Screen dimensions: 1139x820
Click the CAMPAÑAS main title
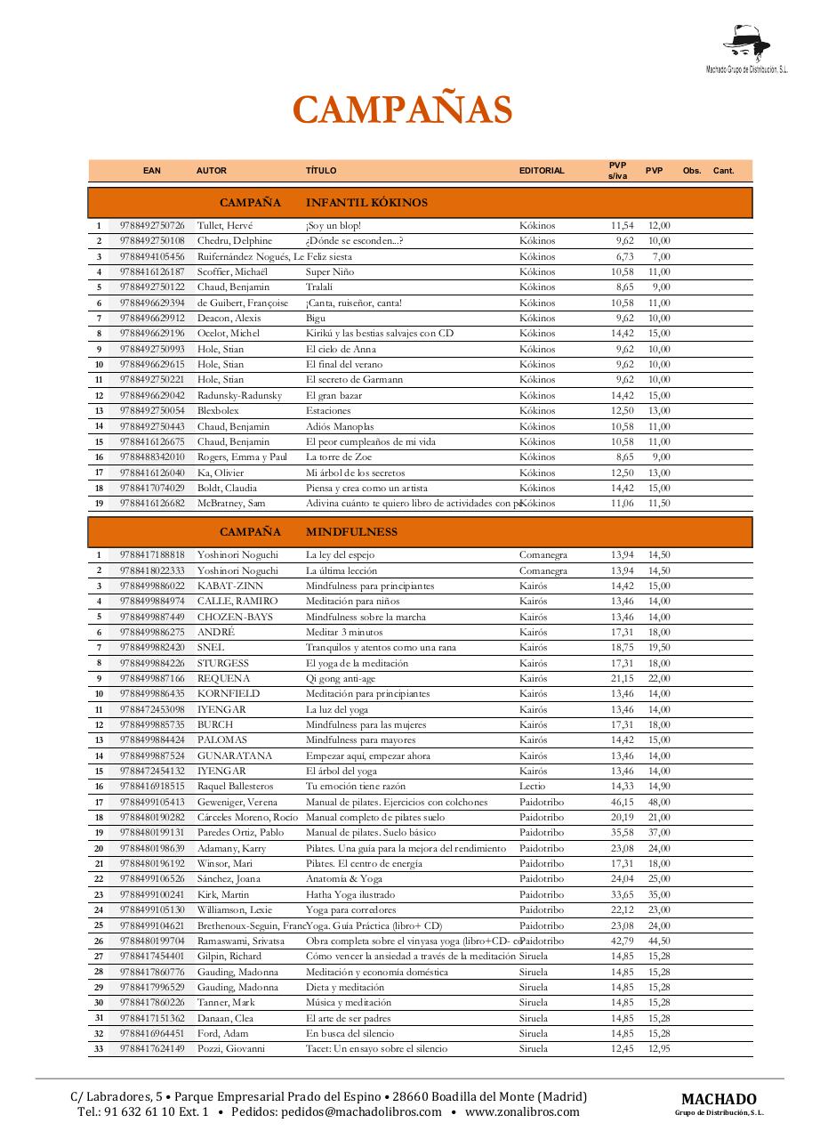click(x=403, y=110)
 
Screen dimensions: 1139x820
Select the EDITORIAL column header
click(x=542, y=171)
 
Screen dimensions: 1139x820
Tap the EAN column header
click(x=152, y=171)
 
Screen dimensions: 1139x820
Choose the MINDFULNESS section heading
click(x=351, y=532)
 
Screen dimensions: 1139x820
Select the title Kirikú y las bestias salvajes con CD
click(x=379, y=334)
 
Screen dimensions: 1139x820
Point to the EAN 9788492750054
click(x=152, y=411)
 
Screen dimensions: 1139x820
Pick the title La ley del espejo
click(x=340, y=555)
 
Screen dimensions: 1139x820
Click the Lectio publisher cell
click(x=532, y=787)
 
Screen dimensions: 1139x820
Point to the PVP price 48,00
click(x=659, y=802)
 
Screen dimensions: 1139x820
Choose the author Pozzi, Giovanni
click(x=231, y=1049)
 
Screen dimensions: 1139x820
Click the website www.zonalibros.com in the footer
click(x=522, y=1111)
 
